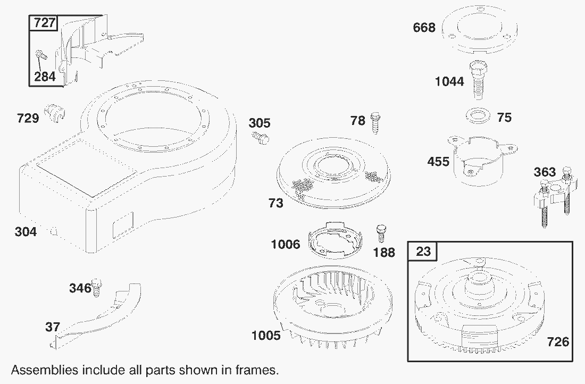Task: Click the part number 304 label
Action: (26, 232)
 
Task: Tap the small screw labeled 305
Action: (261, 137)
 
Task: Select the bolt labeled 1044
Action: (478, 79)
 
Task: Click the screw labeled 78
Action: (375, 122)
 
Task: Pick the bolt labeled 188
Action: (381, 233)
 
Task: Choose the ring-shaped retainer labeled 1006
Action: (336, 241)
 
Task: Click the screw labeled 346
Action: (96, 287)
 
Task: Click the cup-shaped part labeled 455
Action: (481, 160)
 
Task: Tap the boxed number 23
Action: (423, 252)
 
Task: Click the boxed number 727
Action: (44, 23)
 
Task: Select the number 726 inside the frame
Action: (558, 342)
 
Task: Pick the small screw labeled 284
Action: (40, 55)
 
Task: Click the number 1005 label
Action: (266, 336)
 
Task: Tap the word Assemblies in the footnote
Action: (45, 370)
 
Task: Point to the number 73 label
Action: (275, 203)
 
